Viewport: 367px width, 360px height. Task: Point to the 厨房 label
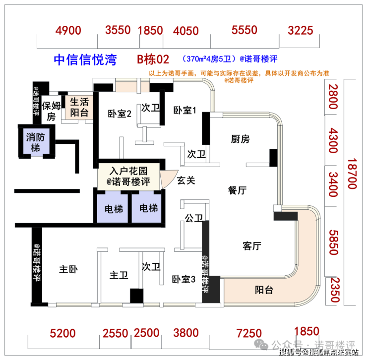click(x=240, y=139)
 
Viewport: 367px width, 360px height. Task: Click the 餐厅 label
click(x=238, y=189)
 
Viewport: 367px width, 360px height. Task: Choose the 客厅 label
click(x=252, y=246)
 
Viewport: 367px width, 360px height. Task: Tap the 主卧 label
click(x=69, y=270)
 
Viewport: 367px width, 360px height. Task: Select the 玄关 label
click(x=185, y=180)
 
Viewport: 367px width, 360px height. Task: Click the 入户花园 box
click(x=129, y=176)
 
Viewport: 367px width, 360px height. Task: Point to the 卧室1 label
click(x=185, y=110)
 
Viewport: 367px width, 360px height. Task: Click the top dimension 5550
click(x=244, y=30)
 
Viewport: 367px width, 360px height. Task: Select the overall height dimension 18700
click(x=352, y=173)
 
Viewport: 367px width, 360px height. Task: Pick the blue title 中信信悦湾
click(x=85, y=60)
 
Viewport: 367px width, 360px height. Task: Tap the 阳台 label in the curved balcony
click(x=264, y=291)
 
